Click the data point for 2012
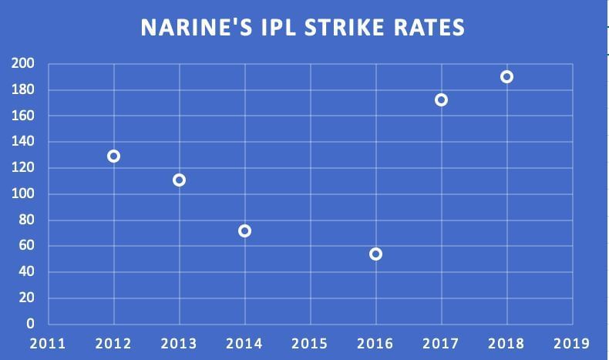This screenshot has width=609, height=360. pyautogui.click(x=113, y=156)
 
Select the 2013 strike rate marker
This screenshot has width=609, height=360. pyautogui.click(x=179, y=180)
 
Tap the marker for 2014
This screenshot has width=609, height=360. pyautogui.click(x=245, y=230)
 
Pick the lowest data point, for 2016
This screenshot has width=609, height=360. pyautogui.click(x=375, y=254)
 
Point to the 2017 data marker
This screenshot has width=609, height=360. pyautogui.click(x=441, y=99)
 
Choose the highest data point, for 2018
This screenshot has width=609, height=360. pyautogui.click(x=506, y=76)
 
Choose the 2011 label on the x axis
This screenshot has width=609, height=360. pyautogui.click(x=48, y=343)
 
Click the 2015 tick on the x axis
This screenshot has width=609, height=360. pyautogui.click(x=310, y=343)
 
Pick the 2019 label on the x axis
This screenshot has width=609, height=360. pyautogui.click(x=571, y=343)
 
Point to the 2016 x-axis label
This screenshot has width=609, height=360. pyautogui.click(x=375, y=343)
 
